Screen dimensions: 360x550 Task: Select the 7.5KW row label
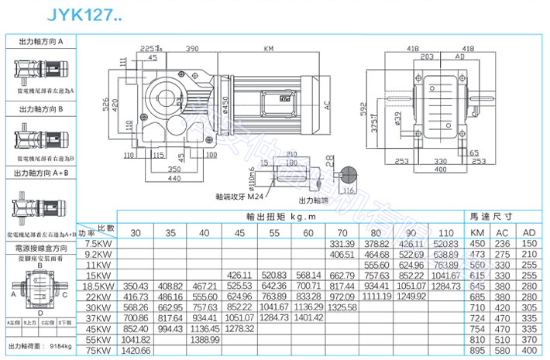click(98, 243)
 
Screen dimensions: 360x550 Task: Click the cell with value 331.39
click(342, 243)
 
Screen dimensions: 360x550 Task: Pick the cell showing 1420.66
click(135, 349)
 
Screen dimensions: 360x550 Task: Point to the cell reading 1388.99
click(204, 338)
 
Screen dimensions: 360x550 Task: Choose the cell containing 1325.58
click(342, 307)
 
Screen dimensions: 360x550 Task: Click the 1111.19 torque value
click(376, 296)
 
